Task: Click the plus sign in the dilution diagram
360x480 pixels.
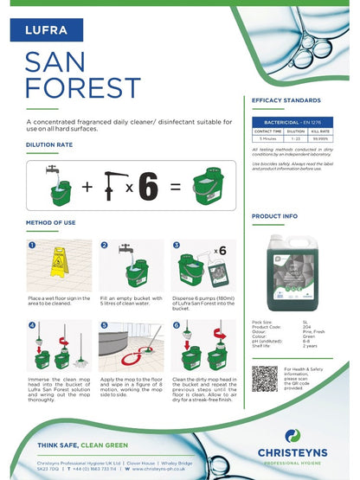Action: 87,186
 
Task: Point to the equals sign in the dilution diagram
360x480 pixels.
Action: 176,186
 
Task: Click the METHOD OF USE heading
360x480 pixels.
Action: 56,223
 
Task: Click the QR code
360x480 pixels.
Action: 266,379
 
